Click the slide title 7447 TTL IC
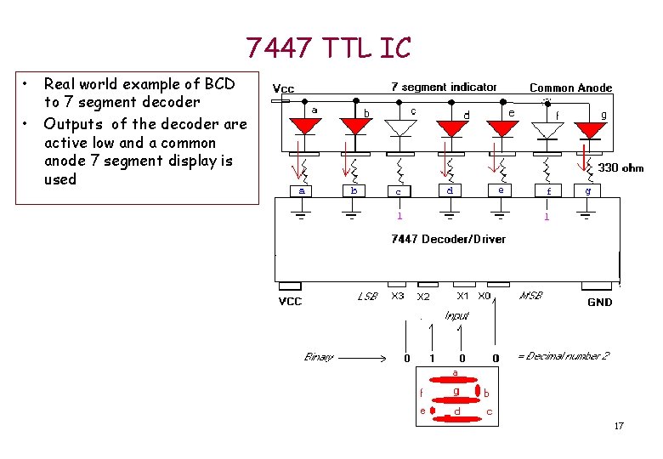[328, 48]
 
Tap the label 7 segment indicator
[444, 88]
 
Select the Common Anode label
[570, 88]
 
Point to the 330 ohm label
[620, 168]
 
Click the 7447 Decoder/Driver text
[448, 239]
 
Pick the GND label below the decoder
[599, 302]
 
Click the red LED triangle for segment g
[588, 128]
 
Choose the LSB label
[367, 297]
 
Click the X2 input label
[423, 297]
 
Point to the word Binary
[320, 357]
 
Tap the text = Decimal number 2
[564, 357]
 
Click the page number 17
[619, 426]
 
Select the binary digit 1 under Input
[433, 358]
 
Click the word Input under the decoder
[456, 316]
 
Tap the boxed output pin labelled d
[450, 190]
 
